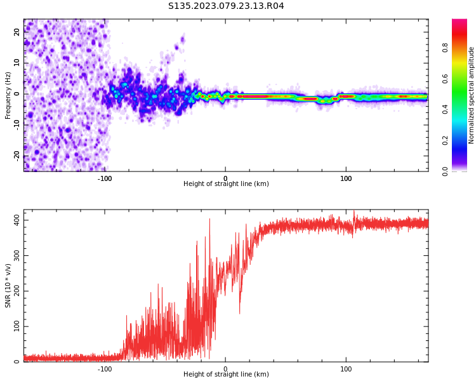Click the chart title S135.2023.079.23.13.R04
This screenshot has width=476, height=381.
click(226, 6)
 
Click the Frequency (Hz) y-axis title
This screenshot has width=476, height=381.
click(8, 95)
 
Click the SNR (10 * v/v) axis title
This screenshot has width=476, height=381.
click(8, 286)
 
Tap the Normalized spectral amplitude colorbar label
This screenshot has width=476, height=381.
click(472, 95)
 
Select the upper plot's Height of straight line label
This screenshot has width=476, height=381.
click(226, 184)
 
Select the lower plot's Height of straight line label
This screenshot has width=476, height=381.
click(226, 375)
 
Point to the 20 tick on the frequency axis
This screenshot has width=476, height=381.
click(18, 32)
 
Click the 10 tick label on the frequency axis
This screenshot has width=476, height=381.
click(18, 63)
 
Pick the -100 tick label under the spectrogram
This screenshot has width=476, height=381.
click(105, 178)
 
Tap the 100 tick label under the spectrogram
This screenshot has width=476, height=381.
click(346, 178)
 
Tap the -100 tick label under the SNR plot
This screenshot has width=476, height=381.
click(105, 369)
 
